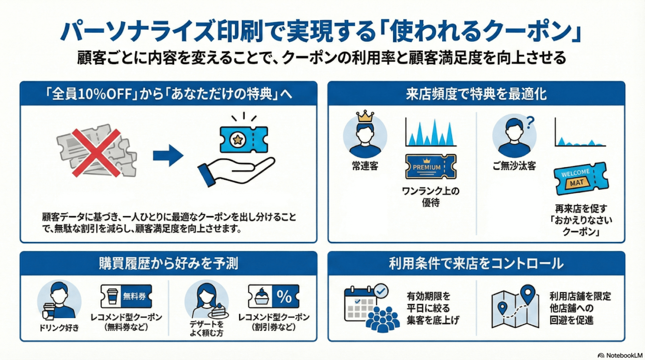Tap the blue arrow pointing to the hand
[x=168, y=157]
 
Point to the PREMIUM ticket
[x=428, y=166]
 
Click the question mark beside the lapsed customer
[x=529, y=122]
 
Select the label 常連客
[x=364, y=166]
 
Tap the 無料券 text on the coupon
[x=134, y=297]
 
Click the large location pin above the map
[x=528, y=293]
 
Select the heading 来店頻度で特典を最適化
[x=476, y=94]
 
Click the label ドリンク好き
[x=59, y=328]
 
